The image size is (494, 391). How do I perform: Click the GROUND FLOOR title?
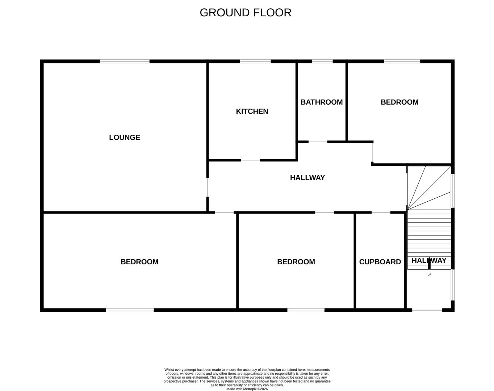(245, 13)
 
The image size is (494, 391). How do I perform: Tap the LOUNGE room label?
(125, 138)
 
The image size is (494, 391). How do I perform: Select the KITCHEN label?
(252, 112)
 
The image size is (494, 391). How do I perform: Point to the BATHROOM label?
(322, 102)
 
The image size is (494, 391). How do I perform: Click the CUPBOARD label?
(380, 262)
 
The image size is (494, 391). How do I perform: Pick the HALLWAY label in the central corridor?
(307, 178)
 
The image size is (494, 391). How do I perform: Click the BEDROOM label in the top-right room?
(399, 102)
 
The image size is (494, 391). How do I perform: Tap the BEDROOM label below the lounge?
(139, 262)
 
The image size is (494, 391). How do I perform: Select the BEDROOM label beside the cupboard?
(296, 262)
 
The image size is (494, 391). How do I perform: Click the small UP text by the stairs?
(430, 275)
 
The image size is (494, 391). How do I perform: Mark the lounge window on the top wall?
(125, 62)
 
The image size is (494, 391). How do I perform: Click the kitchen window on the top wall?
(255, 62)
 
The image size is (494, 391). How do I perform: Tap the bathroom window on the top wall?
(322, 62)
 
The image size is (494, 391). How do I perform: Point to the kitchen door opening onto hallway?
(251, 160)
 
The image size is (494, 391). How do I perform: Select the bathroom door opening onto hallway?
(318, 142)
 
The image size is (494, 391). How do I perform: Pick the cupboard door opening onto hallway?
(381, 212)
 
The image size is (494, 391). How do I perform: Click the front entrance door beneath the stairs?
(427, 310)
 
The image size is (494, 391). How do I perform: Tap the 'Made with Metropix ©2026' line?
(247, 389)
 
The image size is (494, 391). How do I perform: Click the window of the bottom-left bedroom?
(130, 310)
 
